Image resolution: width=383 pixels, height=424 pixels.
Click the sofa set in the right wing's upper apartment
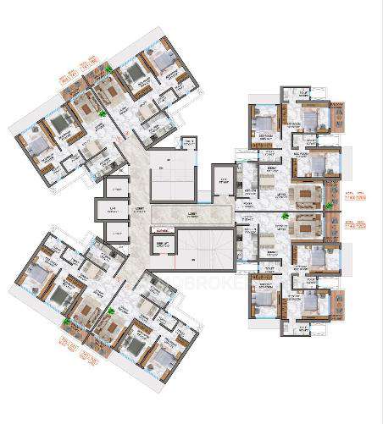pos(309,195)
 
